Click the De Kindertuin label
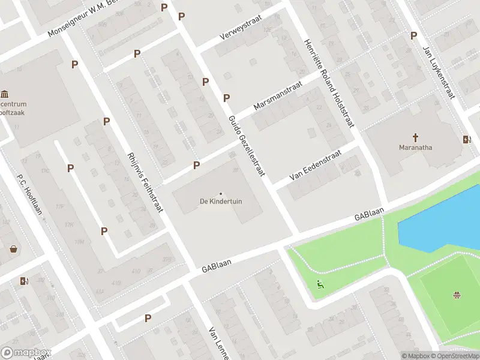[221, 202]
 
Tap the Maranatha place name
[416, 147]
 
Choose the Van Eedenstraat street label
[315, 166]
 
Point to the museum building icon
[5, 94]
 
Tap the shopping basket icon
[13, 248]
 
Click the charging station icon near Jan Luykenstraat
[467, 140]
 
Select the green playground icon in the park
[320, 284]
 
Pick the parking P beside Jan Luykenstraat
[413, 35]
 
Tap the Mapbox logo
[26, 352]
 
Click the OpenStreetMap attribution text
[452, 356]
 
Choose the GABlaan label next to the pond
[368, 214]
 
